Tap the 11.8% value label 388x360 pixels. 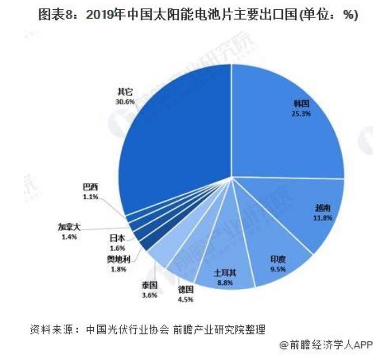pyautogui.click(x=323, y=217)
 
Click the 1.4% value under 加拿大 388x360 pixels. pyautogui.click(x=69, y=236)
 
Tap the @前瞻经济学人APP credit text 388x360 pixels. pyautogui.click(x=326, y=345)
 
